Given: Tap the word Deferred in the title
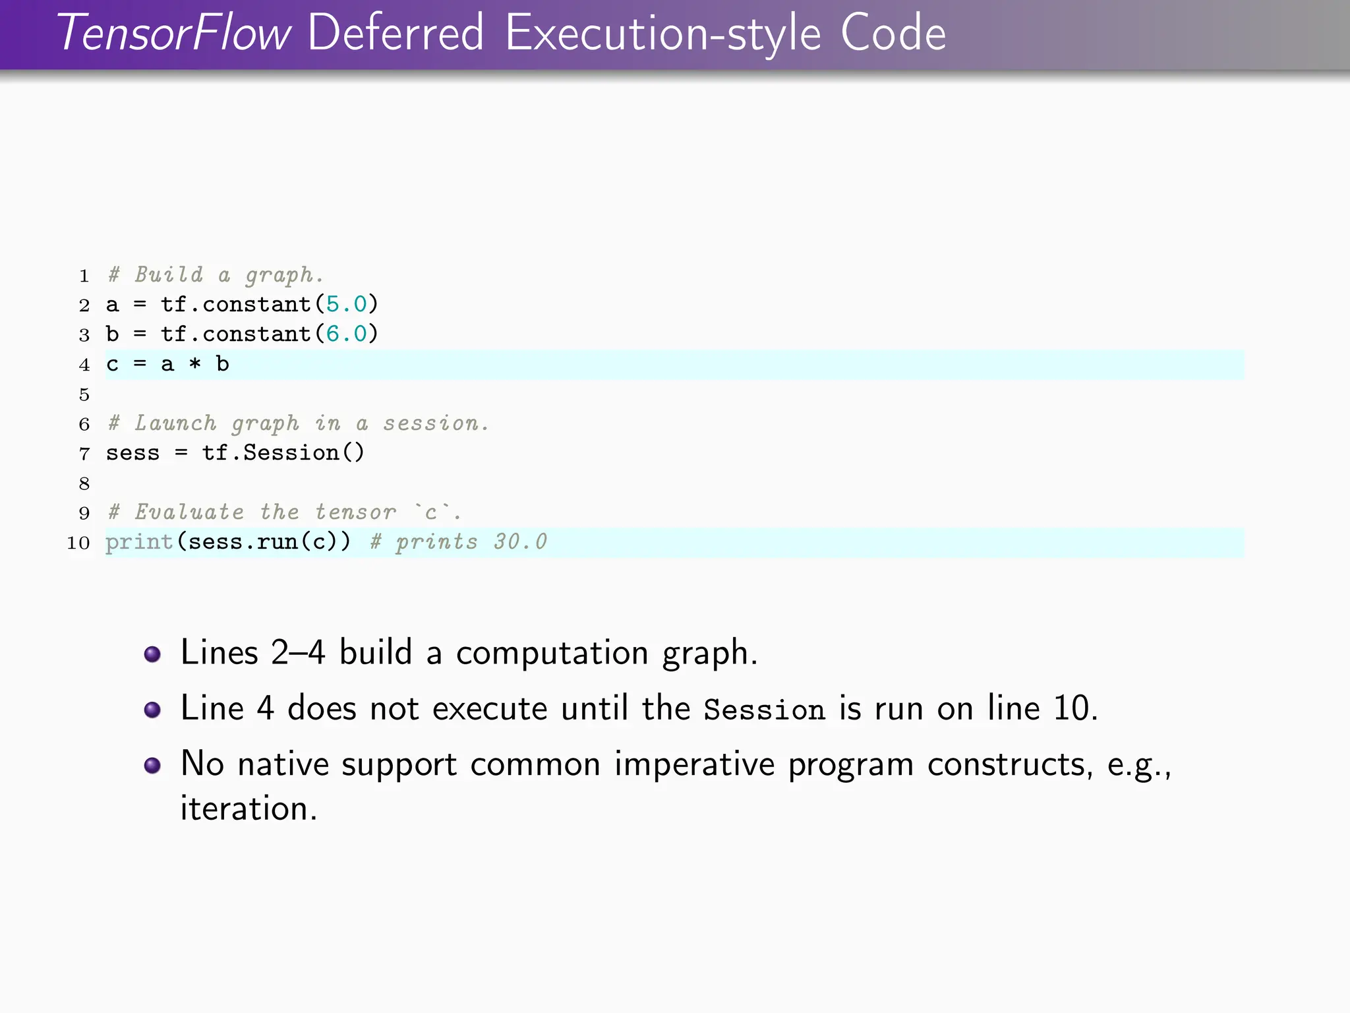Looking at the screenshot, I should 396,33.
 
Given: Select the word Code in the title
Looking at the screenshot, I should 893,33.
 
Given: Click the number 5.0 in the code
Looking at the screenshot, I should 346,304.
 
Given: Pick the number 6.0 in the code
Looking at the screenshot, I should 346,334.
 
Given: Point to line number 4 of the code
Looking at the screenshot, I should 84,365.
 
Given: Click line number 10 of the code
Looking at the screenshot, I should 78,543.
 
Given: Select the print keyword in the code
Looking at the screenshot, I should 139,542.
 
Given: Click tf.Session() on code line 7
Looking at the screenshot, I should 283,453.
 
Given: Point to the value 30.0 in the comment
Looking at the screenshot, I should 520,542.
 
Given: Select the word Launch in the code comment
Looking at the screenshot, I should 175,423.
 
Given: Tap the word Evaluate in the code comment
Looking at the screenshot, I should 189,512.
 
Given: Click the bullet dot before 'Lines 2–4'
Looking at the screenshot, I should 152,654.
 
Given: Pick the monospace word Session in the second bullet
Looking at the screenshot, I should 764,710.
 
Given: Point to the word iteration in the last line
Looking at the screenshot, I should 248,809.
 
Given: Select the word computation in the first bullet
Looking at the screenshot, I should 552,654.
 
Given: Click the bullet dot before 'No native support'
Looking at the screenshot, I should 152,765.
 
